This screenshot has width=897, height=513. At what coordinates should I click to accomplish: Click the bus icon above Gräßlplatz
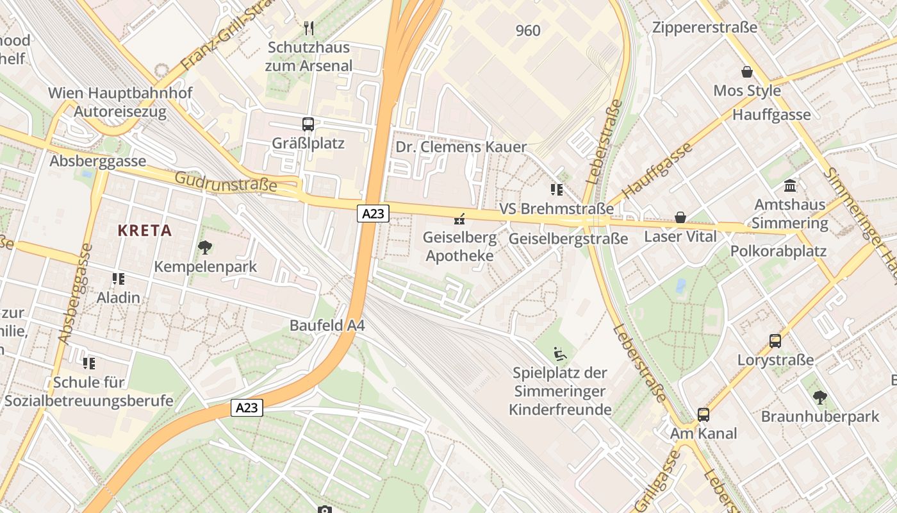click(x=308, y=124)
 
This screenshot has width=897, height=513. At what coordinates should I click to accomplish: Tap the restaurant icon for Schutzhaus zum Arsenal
click(x=309, y=28)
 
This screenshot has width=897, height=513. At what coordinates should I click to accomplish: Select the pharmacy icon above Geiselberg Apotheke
click(x=459, y=219)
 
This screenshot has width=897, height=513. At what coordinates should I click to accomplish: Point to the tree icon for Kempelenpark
click(x=205, y=247)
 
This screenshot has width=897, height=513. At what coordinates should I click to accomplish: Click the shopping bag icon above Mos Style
click(x=746, y=71)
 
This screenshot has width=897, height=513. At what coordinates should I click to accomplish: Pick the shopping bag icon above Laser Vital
click(x=680, y=217)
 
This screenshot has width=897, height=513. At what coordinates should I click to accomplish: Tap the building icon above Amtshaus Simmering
click(x=790, y=186)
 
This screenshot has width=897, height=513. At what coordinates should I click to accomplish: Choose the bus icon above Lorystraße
click(x=775, y=341)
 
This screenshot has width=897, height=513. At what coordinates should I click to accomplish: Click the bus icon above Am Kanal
click(x=704, y=414)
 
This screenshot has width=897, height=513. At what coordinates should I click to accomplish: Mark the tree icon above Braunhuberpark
click(x=819, y=397)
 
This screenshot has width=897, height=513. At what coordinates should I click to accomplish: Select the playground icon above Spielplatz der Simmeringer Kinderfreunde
click(x=560, y=353)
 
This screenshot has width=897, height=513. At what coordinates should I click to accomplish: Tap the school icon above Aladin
click(x=119, y=278)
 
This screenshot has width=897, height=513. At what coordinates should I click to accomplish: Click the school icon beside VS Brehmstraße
click(x=556, y=189)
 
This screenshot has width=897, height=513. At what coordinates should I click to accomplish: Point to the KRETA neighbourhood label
click(x=145, y=231)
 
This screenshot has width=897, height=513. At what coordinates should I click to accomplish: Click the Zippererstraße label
click(x=705, y=28)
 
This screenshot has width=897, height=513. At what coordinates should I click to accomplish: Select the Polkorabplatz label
click(x=778, y=251)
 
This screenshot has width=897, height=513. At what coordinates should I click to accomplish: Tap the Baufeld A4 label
click(x=327, y=325)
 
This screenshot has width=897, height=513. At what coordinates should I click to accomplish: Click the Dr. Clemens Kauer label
click(x=461, y=147)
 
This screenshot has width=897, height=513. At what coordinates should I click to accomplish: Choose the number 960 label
click(x=528, y=30)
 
